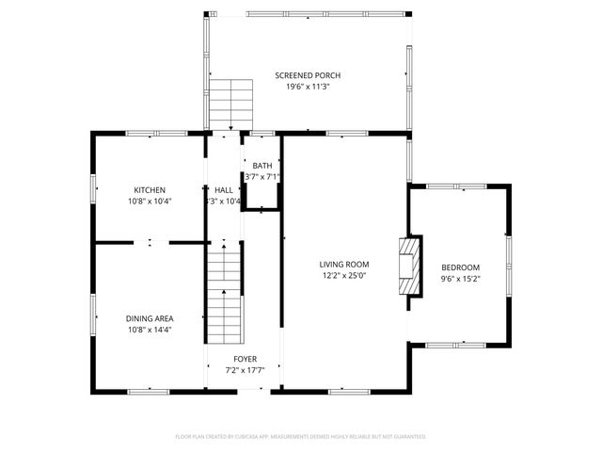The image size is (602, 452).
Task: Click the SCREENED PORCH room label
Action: click(308, 75)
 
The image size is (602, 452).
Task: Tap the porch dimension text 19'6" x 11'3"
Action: click(308, 87)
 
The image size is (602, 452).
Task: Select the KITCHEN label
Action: click(150, 189)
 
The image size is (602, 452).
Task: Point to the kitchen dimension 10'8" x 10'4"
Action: click(150, 201)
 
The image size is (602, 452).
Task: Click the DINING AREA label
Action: click(150, 318)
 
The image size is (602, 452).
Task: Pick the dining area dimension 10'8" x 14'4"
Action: click(150, 330)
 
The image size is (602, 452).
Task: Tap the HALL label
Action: click(224, 189)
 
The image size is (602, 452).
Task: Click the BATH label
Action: click(261, 166)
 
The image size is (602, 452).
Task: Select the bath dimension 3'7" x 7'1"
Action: click(261, 177)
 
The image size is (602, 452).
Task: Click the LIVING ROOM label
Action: click(343, 265)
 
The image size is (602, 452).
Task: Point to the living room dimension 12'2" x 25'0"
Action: click(343, 276)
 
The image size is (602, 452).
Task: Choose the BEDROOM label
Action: click(460, 267)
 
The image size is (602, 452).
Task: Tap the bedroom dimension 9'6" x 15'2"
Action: click(460, 279)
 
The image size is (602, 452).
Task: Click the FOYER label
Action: click(245, 359)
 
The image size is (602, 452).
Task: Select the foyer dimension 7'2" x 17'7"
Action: click(245, 370)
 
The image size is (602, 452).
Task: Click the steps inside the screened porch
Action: click(231, 102)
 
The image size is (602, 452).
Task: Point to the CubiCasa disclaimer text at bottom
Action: click(301, 437)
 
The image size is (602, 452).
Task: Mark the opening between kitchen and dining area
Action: click(150, 243)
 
